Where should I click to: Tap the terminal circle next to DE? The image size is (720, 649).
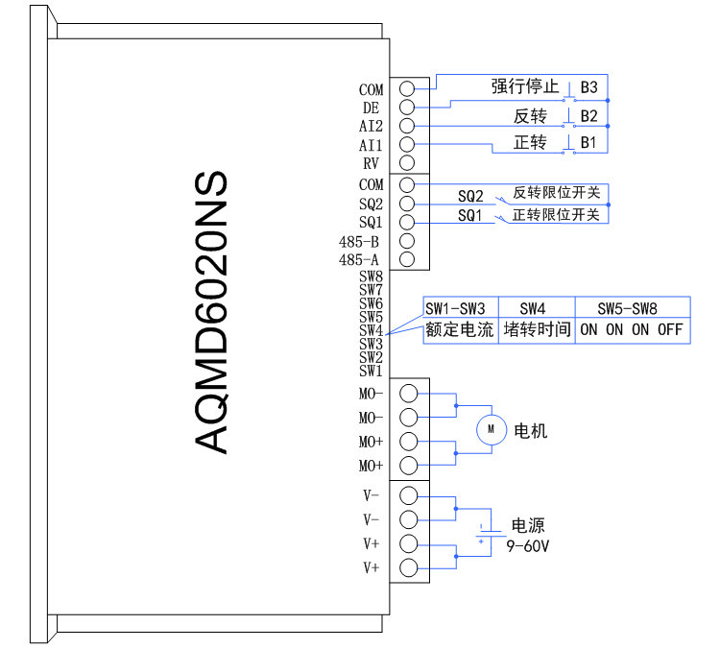point(406,108)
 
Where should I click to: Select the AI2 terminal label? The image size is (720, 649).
point(371,127)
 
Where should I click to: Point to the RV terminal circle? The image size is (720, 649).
point(406,163)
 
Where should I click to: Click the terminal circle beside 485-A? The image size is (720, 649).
point(406,259)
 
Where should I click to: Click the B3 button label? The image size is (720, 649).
point(588,87)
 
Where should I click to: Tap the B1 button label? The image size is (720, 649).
point(588,142)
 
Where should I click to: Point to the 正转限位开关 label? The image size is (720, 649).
point(556,215)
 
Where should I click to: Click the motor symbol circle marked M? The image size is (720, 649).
point(492,430)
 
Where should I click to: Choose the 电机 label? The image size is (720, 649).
point(531,431)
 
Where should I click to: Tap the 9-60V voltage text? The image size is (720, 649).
point(528,545)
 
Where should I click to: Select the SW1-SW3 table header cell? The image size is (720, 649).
point(455,308)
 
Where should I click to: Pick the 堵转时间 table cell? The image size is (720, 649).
point(537,330)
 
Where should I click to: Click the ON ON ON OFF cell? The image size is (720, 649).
point(632,330)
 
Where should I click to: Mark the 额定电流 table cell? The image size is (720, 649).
point(460,330)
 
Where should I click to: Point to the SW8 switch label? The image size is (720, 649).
point(371,276)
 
